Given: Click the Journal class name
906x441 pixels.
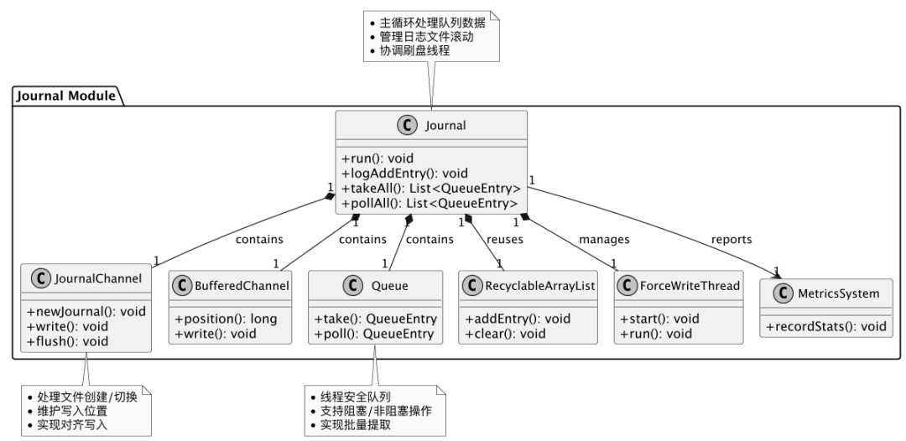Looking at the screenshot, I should tap(445, 127).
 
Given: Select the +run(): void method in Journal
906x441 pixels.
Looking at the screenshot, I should tap(377, 158).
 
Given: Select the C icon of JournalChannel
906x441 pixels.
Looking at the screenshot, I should tap(40, 278).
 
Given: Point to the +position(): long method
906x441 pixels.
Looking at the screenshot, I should tap(226, 318).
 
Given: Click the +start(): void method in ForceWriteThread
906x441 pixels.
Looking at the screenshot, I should tap(659, 318).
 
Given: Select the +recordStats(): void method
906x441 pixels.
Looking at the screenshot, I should tap(827, 326).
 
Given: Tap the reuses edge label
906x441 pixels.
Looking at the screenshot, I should tap(505, 240).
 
